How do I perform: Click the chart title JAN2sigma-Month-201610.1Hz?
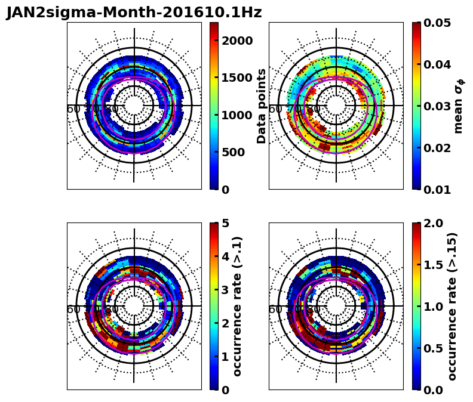pos(134,13)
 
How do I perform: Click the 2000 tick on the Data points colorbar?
pos(237,41)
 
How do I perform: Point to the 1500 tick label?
pos(237,78)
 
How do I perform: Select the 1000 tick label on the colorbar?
pos(237,115)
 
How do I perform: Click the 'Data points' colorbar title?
pos(262,106)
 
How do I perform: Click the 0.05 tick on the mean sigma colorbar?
pos(437,23)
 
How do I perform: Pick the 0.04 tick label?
pos(437,64)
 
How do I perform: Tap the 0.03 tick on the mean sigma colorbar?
pos(437,106)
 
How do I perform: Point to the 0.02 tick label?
pos(437,148)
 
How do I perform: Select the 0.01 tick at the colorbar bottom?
pos(437,190)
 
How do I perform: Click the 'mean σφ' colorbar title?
pos(459,106)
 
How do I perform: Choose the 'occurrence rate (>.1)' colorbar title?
pos(237,307)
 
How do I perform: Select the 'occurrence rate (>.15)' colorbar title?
pos(452,307)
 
